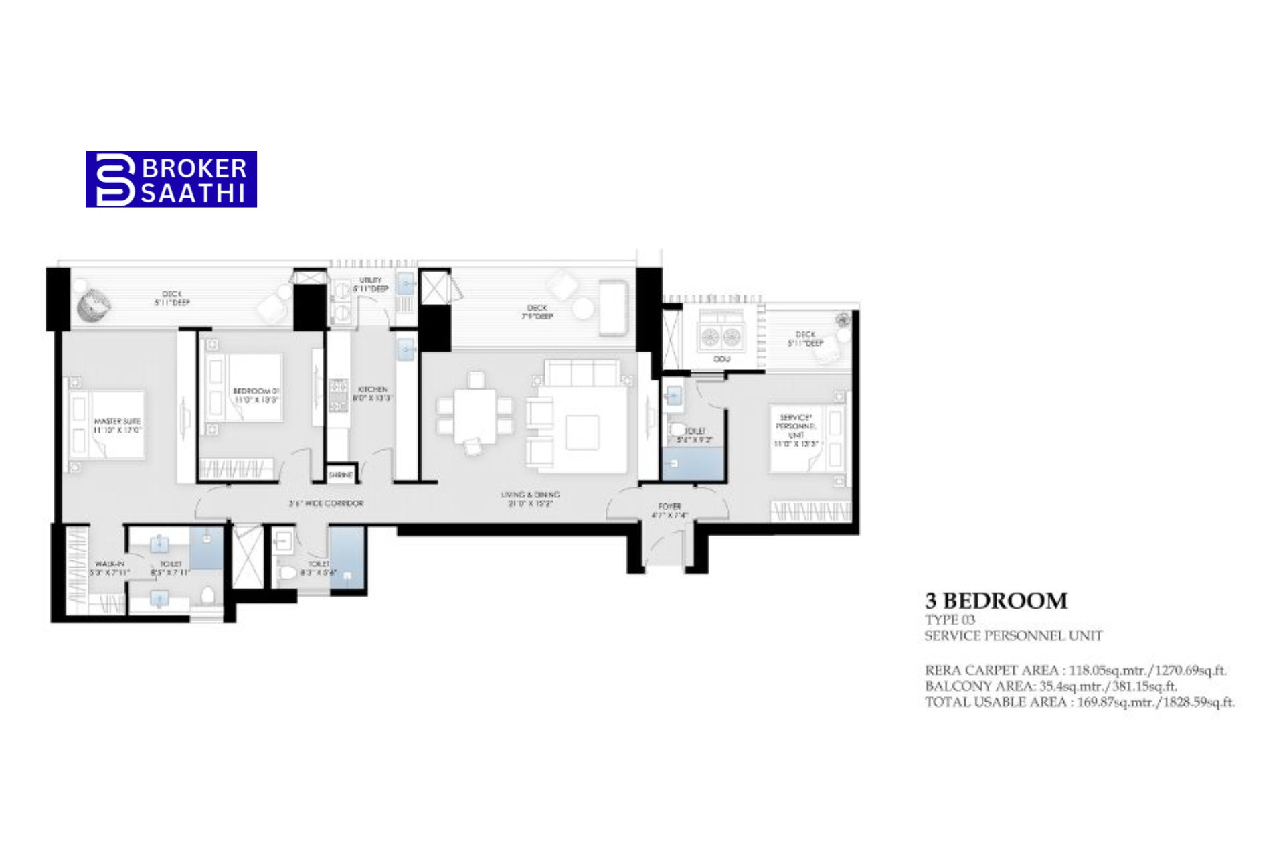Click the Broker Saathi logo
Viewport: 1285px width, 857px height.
click(171, 179)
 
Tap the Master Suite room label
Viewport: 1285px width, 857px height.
click(117, 426)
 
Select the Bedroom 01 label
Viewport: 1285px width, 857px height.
click(256, 395)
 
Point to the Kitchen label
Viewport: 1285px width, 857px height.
click(372, 393)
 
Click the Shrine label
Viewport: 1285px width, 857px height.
click(341, 475)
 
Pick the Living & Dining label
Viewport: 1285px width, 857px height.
click(530, 499)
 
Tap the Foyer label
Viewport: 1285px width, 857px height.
click(669, 511)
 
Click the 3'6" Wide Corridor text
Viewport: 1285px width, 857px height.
click(326, 503)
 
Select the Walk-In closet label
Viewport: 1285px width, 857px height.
click(109, 568)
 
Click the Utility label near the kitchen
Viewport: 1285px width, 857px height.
click(371, 284)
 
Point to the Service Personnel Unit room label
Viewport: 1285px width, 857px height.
click(796, 431)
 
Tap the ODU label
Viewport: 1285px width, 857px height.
click(721, 360)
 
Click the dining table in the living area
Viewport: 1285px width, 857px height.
click(476, 416)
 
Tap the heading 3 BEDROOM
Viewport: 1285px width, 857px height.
click(996, 601)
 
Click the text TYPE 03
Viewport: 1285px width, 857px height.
click(950, 620)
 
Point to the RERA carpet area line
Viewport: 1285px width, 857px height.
click(1076, 670)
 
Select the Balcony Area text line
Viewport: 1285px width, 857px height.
click(1051, 686)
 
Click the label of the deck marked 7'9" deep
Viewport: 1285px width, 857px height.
click(537, 312)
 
